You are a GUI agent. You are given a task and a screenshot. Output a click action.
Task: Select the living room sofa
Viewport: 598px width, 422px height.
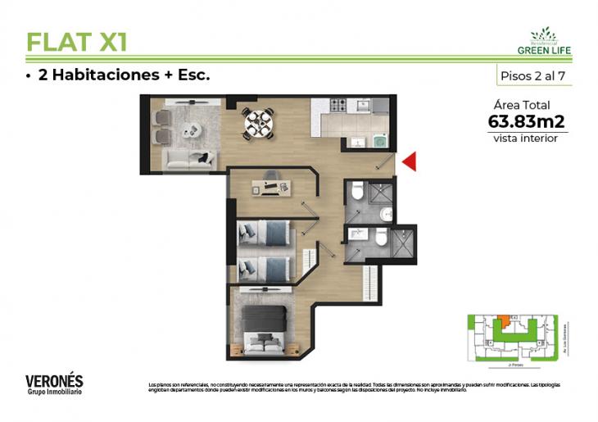click(188, 158)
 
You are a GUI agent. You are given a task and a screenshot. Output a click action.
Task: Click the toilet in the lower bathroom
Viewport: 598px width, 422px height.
click(380, 237)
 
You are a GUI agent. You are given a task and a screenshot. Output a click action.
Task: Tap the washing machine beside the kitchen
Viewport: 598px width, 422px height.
click(379, 141)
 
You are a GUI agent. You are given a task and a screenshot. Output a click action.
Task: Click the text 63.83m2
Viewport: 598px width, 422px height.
click(526, 121)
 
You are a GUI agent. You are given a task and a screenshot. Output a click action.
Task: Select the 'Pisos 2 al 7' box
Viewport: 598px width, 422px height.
click(533, 75)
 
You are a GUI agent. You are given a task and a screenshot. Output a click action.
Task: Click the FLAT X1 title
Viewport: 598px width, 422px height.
click(76, 41)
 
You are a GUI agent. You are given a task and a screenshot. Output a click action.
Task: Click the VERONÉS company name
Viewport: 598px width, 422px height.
click(54, 381)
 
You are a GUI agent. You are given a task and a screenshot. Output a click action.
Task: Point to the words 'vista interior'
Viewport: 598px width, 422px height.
click(525, 138)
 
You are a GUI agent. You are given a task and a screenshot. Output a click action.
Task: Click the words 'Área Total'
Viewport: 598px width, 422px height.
click(522, 105)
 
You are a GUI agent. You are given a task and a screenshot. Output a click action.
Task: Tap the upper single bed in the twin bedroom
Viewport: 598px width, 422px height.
click(264, 234)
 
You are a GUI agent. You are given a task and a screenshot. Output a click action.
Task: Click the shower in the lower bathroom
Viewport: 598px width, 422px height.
click(403, 243)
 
